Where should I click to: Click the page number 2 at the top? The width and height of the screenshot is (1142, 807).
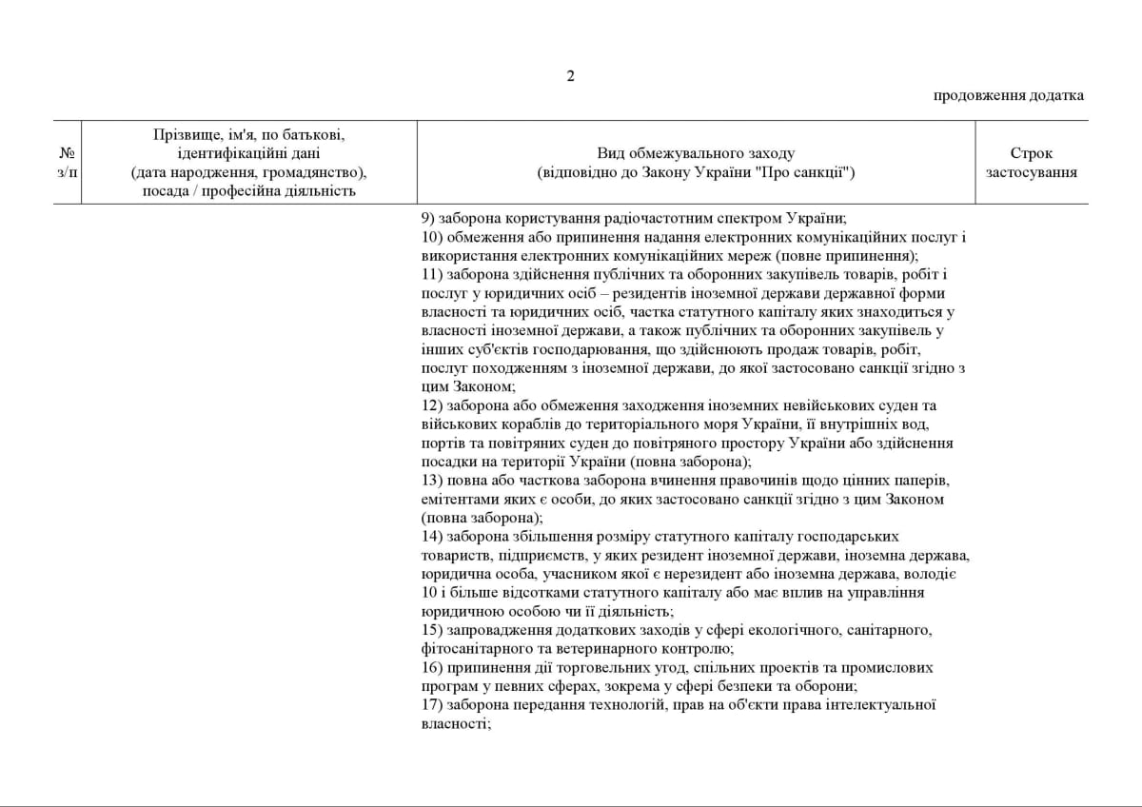click(571, 77)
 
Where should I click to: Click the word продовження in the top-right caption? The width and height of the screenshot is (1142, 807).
click(973, 95)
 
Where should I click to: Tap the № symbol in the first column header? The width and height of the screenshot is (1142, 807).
click(67, 153)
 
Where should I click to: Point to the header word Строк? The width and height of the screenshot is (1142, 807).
click(1032, 153)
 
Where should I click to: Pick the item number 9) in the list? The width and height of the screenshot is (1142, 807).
click(428, 218)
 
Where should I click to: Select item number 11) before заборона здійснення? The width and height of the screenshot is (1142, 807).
click(432, 274)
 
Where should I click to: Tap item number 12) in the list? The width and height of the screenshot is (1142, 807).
click(432, 405)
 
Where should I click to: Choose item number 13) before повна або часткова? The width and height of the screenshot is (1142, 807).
click(432, 481)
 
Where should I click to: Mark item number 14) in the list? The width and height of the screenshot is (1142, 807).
click(432, 536)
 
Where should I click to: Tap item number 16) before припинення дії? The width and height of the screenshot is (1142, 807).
click(432, 667)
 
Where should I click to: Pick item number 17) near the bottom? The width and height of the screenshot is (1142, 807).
click(432, 704)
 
